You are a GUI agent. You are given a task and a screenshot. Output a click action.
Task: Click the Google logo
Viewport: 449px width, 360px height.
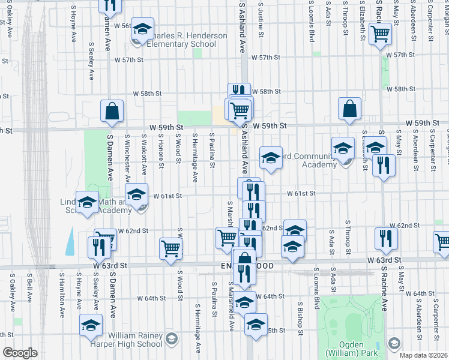20,353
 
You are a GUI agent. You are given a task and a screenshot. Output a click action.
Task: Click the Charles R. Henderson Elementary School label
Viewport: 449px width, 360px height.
181,40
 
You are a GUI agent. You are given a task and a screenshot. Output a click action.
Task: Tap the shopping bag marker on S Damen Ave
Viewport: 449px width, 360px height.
112,111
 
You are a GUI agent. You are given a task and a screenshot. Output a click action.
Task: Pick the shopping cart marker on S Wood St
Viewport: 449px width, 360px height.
171,248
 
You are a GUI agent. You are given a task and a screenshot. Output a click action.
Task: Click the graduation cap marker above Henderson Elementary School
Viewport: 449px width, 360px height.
142,29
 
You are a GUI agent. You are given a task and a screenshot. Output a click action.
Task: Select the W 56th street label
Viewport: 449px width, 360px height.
120,26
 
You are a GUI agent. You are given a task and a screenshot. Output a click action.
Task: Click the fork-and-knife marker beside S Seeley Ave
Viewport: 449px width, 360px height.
96,247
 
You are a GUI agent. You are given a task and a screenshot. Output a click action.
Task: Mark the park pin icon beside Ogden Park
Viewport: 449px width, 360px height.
394,343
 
